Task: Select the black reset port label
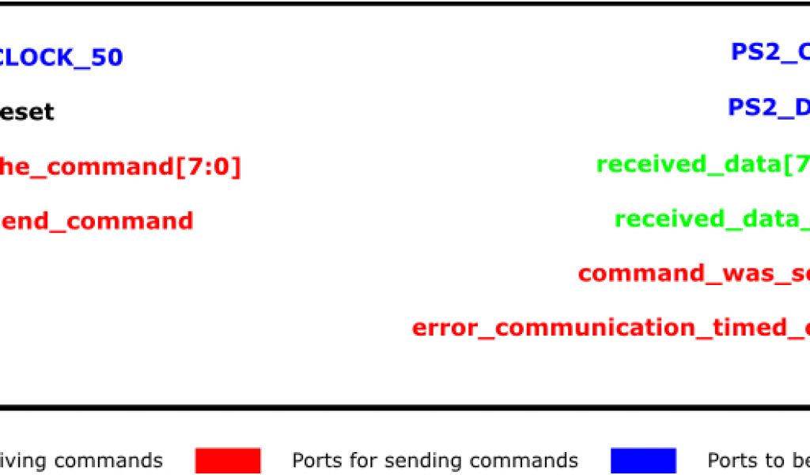(x=26, y=112)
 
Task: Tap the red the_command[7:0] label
(x=119, y=167)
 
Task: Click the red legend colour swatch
(x=228, y=461)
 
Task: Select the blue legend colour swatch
(x=643, y=461)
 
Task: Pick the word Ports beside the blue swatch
(x=733, y=461)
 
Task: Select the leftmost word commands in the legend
(x=108, y=461)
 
